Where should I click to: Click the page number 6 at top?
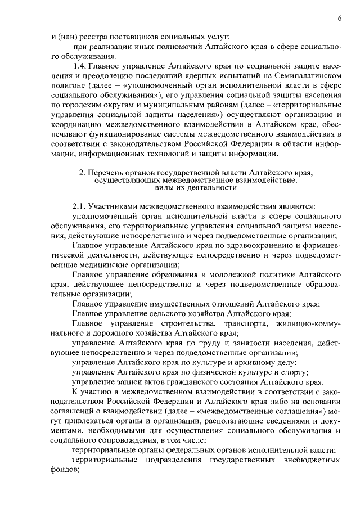(x=340, y=19)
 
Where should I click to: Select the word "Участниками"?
(x=115, y=206)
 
